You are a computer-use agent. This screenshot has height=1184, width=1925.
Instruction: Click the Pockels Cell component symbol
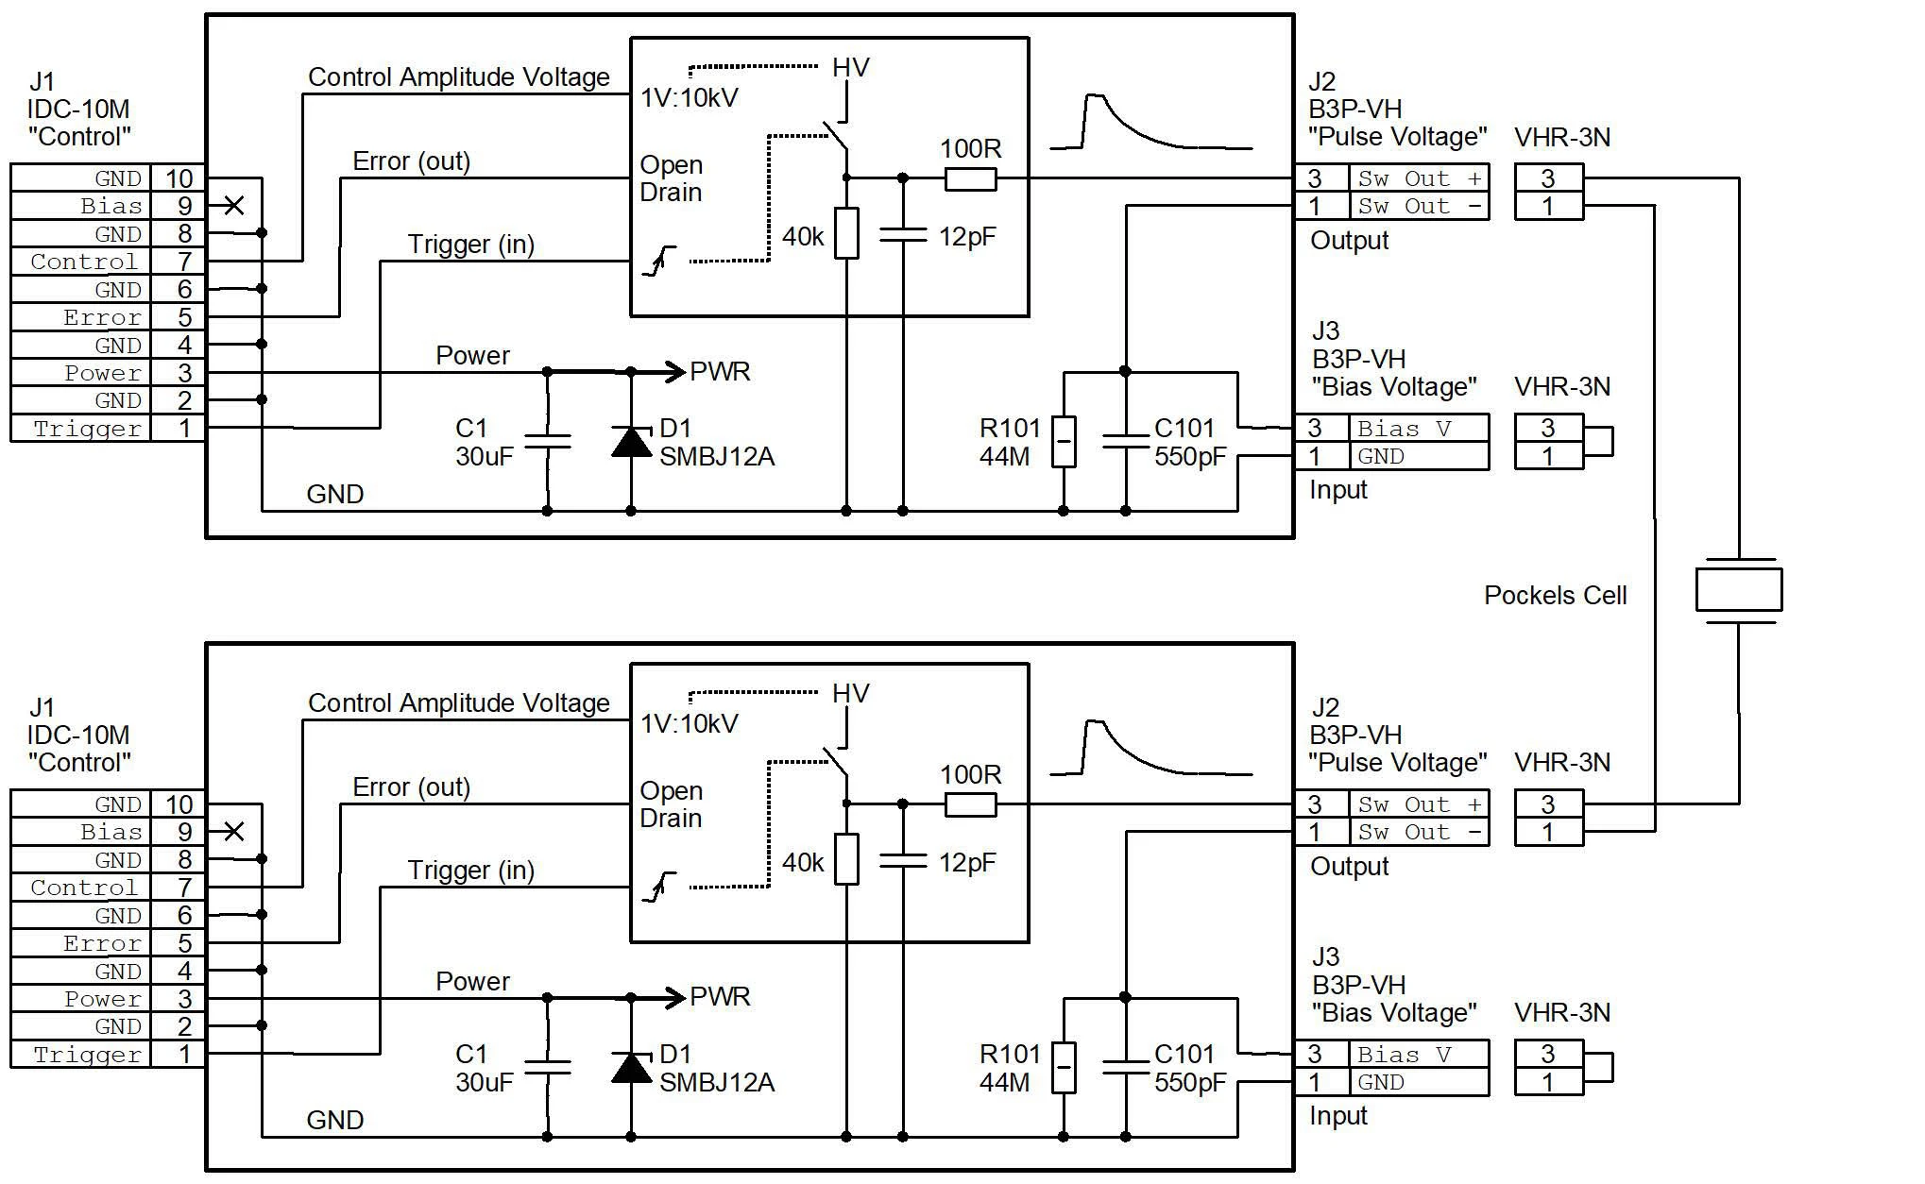(1739, 590)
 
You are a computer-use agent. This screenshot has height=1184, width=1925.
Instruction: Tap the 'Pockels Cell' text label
(1555, 595)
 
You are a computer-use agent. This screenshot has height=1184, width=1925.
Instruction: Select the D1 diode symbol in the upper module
(631, 441)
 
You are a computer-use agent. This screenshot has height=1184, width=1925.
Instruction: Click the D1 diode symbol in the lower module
(631, 1067)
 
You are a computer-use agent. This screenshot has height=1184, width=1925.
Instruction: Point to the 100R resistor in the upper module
(970, 178)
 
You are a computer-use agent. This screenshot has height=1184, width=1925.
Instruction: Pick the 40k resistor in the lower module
(846, 859)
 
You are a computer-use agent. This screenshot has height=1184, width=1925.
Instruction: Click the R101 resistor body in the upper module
(1064, 441)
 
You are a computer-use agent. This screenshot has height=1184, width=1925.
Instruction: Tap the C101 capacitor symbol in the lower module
(1125, 1067)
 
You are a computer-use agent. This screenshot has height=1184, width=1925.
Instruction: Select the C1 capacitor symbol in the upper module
(547, 441)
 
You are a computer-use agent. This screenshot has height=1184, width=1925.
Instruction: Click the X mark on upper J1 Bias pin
(234, 205)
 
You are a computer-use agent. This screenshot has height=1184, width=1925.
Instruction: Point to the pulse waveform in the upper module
(1150, 122)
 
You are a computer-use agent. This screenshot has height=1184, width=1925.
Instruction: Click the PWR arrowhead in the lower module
(674, 998)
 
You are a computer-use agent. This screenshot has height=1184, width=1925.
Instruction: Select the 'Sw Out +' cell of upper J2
(1419, 178)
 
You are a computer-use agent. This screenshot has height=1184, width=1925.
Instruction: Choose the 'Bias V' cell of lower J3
(1419, 1054)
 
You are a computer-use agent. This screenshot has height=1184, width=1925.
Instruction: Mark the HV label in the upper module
(850, 67)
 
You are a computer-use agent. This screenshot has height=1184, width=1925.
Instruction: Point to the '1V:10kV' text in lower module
(689, 724)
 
